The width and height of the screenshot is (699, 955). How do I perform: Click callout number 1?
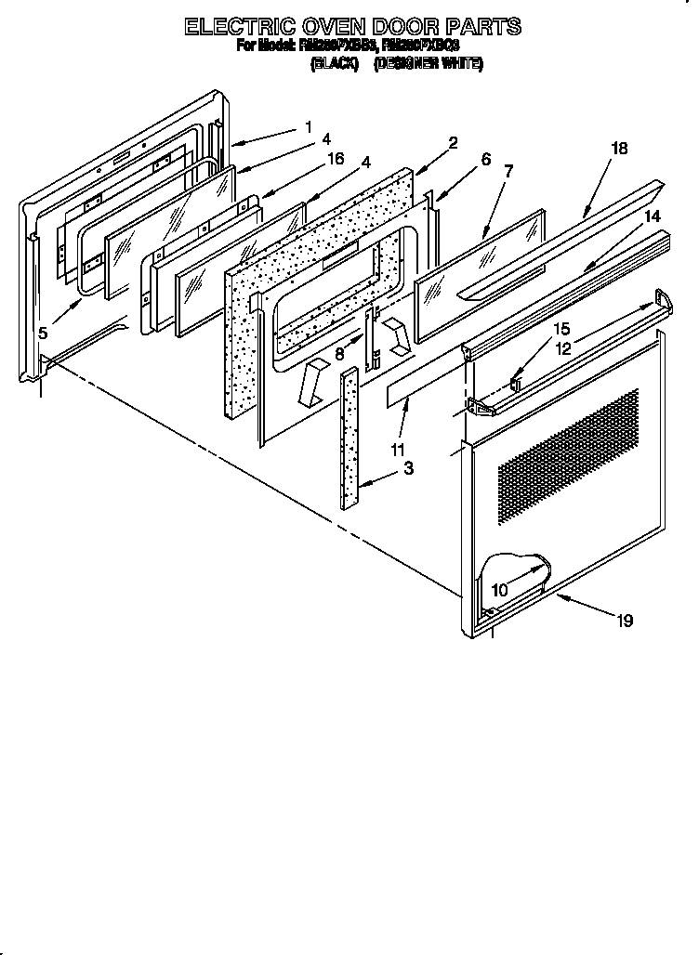(308, 126)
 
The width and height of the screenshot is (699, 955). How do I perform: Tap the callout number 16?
(336, 158)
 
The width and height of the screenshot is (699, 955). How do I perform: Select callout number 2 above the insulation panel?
(453, 143)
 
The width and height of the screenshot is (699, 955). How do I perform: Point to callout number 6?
(485, 159)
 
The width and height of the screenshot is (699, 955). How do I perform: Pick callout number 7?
(508, 172)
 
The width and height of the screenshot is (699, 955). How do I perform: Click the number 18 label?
(619, 147)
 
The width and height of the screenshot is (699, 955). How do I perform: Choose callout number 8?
(341, 353)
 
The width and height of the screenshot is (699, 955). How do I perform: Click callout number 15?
(561, 329)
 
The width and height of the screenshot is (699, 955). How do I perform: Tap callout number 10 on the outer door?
(499, 590)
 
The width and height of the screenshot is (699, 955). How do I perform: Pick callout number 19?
(624, 621)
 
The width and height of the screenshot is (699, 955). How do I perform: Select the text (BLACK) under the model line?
(334, 64)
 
